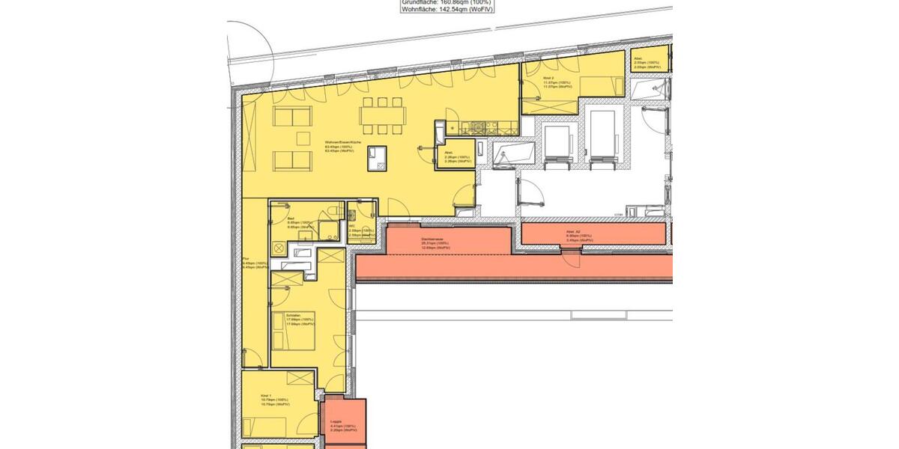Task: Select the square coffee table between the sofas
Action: pos(303,138)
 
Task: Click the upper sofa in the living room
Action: pos(293,116)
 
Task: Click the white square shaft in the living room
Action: pos(378,156)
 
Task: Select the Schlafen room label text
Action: pos(294,317)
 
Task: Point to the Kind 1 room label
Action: pos(265,394)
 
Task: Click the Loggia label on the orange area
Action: pos(337,422)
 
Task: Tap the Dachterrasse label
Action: pos(433,239)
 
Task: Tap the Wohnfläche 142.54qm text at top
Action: pos(447,10)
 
